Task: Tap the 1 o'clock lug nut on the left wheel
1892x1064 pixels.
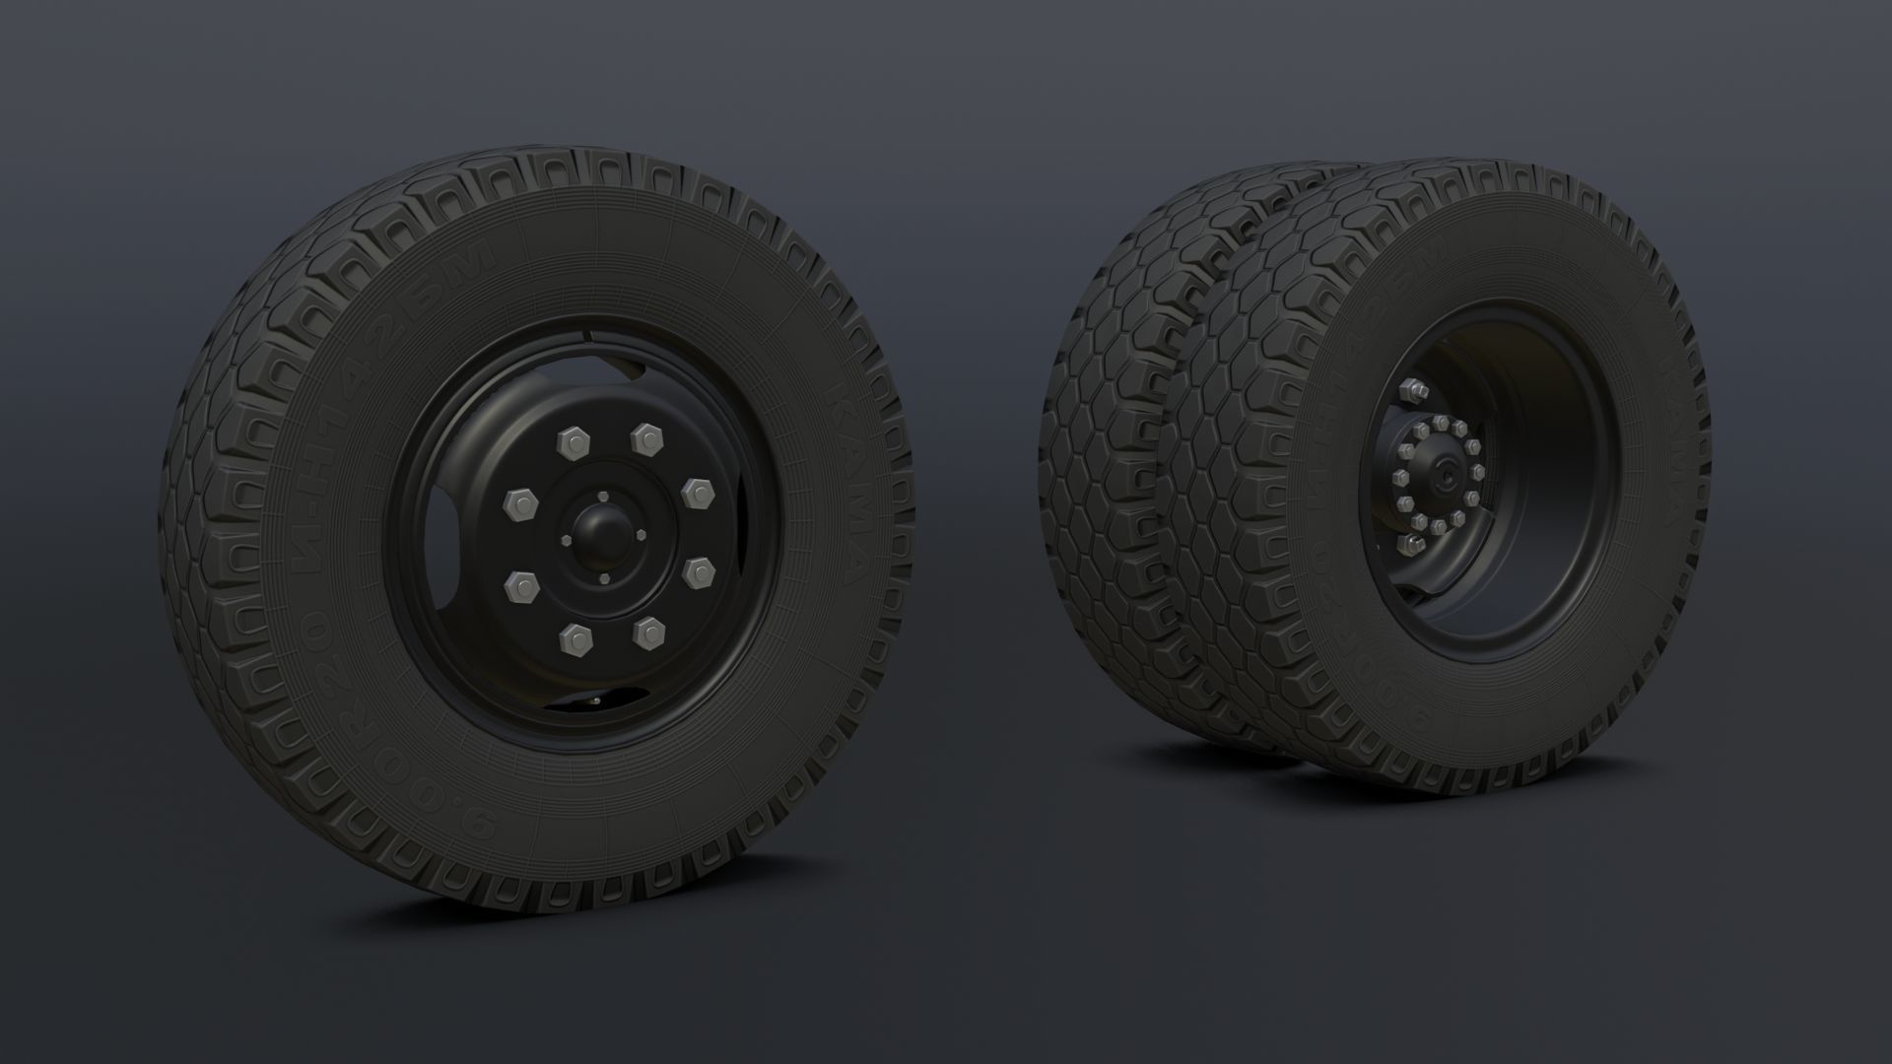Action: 646,438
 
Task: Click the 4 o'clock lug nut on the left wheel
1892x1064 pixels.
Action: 699,569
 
